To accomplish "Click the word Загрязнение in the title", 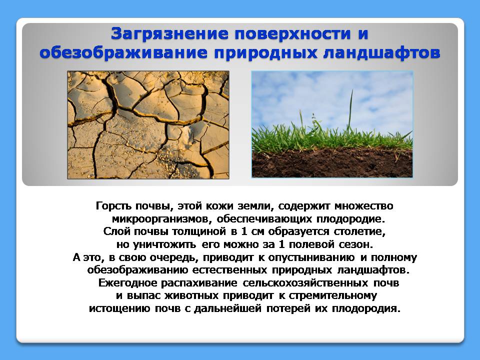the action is click(169, 33).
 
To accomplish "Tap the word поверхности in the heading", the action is click(292, 33).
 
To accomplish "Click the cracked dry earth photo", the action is click(148, 125).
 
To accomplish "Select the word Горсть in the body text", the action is click(113, 205).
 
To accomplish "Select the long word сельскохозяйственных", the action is click(305, 282).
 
